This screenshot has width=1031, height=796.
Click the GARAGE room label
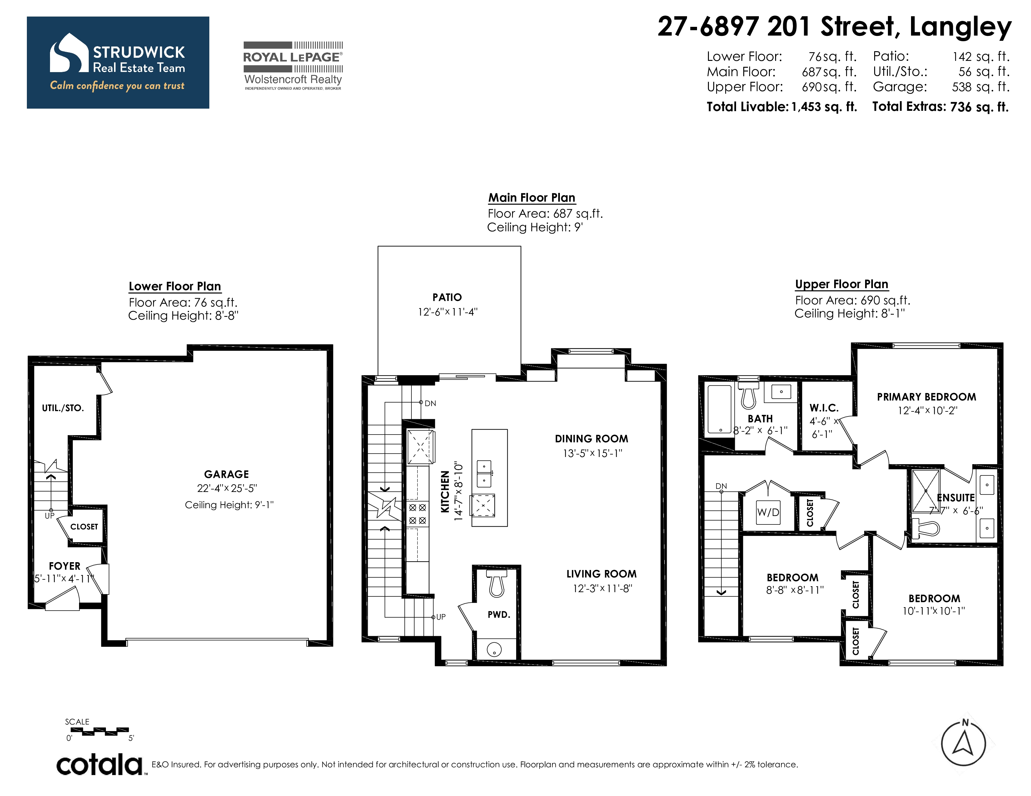point(226,474)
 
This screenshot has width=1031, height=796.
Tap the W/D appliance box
point(768,513)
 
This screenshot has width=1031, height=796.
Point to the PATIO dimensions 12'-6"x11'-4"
point(447,312)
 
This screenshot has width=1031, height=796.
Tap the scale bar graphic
point(99,731)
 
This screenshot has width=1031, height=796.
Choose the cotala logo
point(100,764)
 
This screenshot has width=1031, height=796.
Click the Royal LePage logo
point(293,66)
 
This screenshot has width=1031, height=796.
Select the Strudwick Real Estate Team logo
point(118,63)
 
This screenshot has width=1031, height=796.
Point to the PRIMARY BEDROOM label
point(927,397)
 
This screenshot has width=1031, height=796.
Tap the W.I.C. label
point(824,408)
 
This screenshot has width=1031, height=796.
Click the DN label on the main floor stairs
point(430,403)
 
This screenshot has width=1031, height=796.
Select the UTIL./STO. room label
point(63,408)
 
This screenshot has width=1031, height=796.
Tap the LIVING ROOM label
point(601,574)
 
